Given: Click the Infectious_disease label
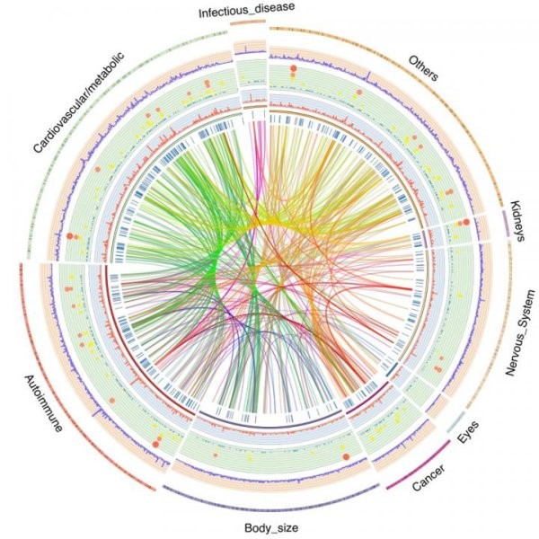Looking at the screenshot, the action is click(246, 10).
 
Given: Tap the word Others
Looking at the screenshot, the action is click(423, 68).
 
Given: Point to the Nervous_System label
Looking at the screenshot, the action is click(520, 332).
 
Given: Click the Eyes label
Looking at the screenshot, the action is click(468, 432).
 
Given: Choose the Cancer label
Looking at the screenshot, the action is click(429, 477).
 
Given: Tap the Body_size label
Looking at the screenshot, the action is click(271, 527).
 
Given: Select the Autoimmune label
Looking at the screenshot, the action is click(43, 403).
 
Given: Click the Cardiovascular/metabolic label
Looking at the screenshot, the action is click(78, 102).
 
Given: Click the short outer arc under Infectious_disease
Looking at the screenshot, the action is click(248, 22).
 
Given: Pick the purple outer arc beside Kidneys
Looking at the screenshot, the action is click(506, 224).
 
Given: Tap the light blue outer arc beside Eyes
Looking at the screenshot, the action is click(455, 422).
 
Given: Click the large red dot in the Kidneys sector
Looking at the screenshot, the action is click(466, 222).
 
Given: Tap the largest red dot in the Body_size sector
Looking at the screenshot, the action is click(346, 457).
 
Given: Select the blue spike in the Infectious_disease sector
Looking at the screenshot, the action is click(245, 49).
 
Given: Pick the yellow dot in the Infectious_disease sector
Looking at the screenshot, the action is click(243, 77).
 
